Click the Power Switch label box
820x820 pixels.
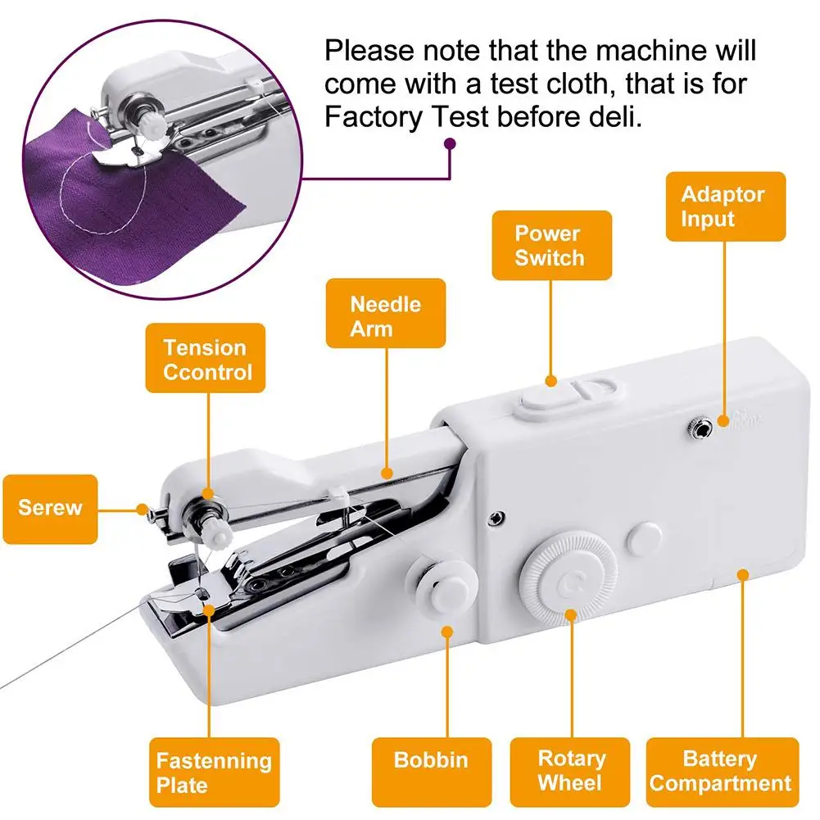tap(550, 245)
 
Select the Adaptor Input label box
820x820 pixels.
tap(726, 206)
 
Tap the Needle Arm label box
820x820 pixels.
tap(386, 315)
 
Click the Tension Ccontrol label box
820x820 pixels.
tap(206, 359)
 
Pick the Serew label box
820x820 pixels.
tap(50, 508)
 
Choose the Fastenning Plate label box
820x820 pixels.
tap(214, 772)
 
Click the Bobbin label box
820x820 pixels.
tap(432, 759)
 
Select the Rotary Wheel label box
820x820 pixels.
tap(570, 771)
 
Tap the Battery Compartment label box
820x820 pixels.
tap(721, 771)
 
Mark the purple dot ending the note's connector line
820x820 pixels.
tap(449, 144)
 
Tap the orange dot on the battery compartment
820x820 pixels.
tap(742, 574)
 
